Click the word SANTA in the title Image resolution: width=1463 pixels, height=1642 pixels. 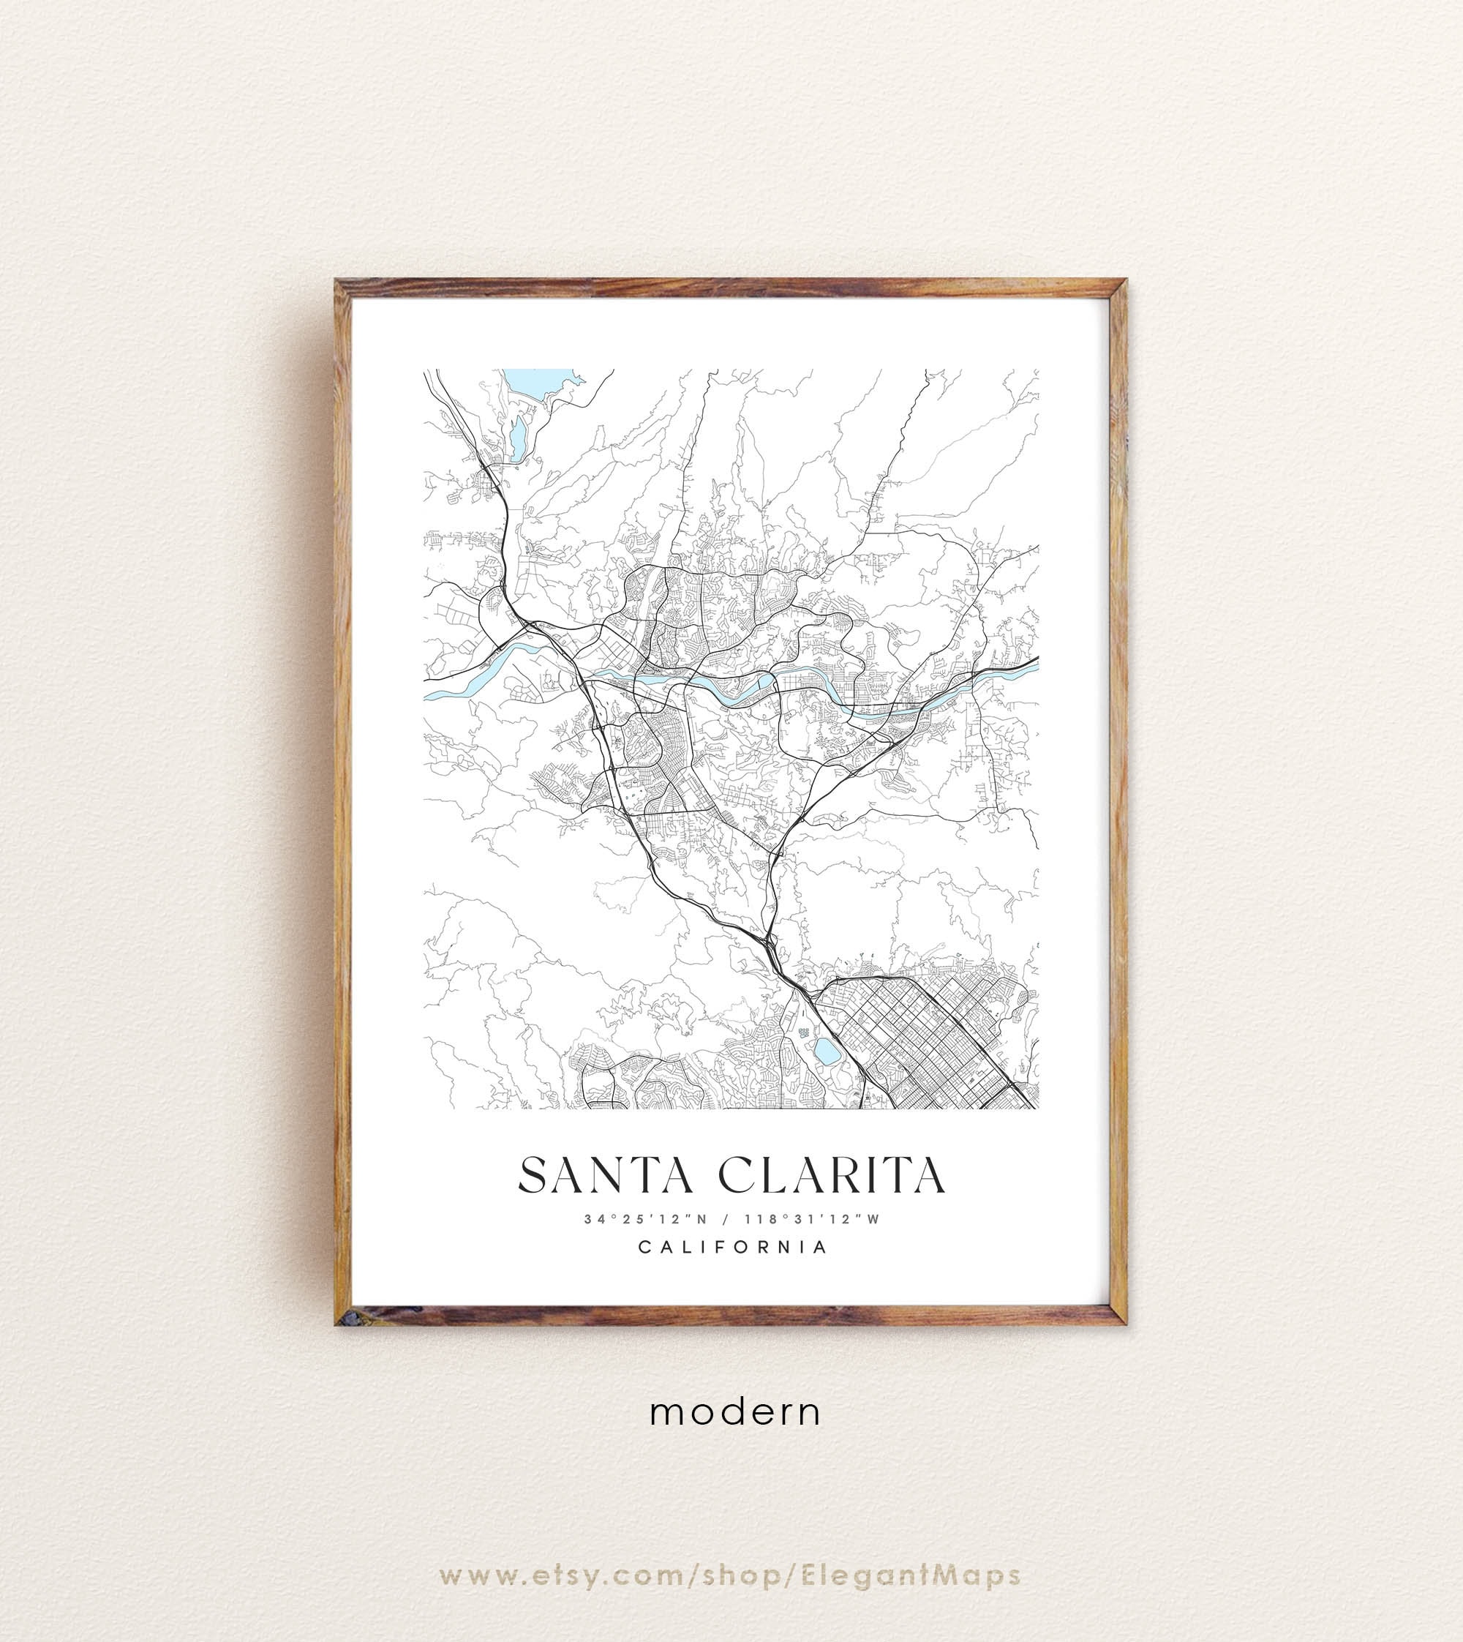[605, 1175]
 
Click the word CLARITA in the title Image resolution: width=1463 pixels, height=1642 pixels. [831, 1175]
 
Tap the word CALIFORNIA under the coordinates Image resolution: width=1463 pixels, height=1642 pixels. [732, 1247]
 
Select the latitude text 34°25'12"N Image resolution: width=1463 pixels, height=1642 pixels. [645, 1218]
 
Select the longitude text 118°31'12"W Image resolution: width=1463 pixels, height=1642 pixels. [813, 1218]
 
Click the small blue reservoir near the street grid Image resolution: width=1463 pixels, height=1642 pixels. [824, 1049]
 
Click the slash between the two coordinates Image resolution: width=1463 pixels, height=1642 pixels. [726, 1218]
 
